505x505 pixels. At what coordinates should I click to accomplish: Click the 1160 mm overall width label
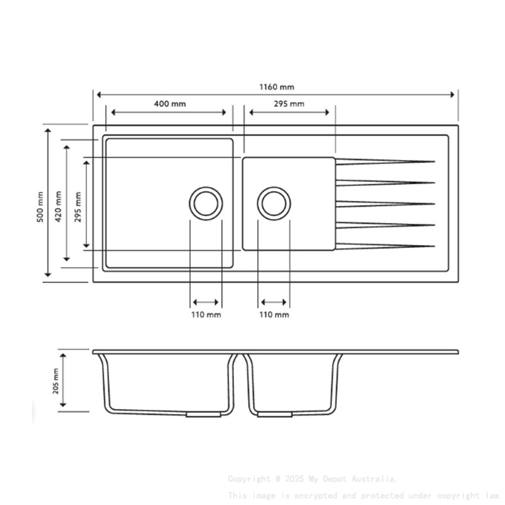276,87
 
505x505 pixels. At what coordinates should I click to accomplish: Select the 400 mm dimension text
170,103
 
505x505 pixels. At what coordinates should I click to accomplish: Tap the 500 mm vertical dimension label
40,206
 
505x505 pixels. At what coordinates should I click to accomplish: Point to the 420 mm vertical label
58,206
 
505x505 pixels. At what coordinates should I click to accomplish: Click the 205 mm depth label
56,381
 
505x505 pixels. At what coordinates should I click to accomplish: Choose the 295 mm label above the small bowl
289,103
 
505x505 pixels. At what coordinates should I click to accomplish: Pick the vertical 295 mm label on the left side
78,206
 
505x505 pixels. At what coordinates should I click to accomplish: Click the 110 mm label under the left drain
206,314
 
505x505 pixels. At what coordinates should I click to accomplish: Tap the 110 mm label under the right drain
274,314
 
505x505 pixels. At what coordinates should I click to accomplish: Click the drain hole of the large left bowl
206,203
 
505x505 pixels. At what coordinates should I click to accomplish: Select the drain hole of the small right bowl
274,203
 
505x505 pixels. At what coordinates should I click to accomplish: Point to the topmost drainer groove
385,161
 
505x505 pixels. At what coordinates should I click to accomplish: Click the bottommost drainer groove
385,246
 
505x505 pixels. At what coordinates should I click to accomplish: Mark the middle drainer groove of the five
385,204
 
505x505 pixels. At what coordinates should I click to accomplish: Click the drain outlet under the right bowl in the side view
274,414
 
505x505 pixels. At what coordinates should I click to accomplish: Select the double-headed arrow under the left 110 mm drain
206,302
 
